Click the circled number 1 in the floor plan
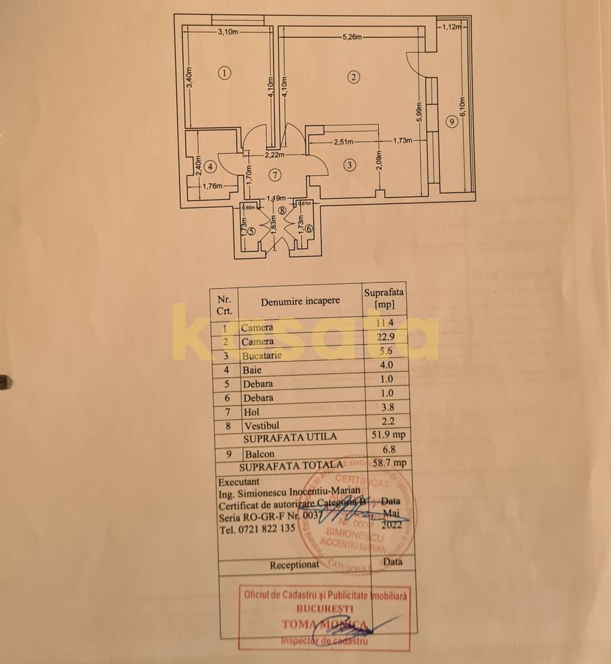click(225, 73)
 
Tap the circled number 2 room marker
click(353, 77)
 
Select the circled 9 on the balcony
click(452, 122)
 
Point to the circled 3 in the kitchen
click(350, 165)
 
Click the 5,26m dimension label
click(353, 37)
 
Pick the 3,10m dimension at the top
click(227, 32)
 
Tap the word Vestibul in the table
click(261, 425)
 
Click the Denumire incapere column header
click(299, 301)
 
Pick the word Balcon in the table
click(259, 454)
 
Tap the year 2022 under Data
click(392, 524)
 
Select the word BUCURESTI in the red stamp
click(325, 609)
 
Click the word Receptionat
click(294, 564)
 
